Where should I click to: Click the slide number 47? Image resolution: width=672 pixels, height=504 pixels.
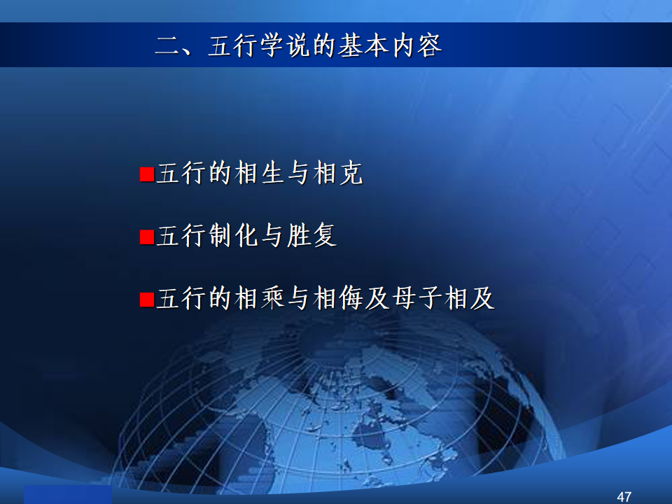[624, 497]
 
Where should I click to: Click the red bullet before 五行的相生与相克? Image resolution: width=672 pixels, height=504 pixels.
[147, 174]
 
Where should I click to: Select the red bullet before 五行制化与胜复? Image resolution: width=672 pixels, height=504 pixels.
[147, 237]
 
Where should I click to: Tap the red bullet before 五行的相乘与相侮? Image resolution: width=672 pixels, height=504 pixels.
[147, 300]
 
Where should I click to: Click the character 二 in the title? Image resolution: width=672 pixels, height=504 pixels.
[167, 45]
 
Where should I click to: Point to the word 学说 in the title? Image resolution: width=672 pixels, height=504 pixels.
[285, 45]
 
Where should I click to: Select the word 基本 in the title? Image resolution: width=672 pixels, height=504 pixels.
[363, 45]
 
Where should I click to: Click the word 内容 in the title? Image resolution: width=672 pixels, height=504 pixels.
[416, 45]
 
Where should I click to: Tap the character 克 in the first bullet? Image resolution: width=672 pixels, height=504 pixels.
[351, 173]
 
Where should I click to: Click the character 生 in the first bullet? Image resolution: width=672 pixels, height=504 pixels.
[272, 173]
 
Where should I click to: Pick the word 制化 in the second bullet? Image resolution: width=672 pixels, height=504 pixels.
[234, 236]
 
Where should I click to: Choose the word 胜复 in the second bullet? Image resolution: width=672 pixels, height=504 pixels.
[312, 236]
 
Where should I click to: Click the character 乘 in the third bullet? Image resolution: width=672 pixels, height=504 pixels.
[272, 298]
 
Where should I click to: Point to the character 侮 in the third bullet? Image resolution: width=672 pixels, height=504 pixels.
[351, 298]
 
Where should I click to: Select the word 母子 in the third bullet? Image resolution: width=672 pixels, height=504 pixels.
[416, 298]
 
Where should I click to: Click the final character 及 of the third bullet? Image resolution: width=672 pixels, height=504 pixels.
[482, 298]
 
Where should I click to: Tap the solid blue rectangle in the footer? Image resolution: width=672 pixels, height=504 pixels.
[68, 495]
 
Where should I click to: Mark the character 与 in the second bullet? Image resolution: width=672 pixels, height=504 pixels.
[272, 236]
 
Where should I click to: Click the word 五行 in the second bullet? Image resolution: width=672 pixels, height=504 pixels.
[181, 236]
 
